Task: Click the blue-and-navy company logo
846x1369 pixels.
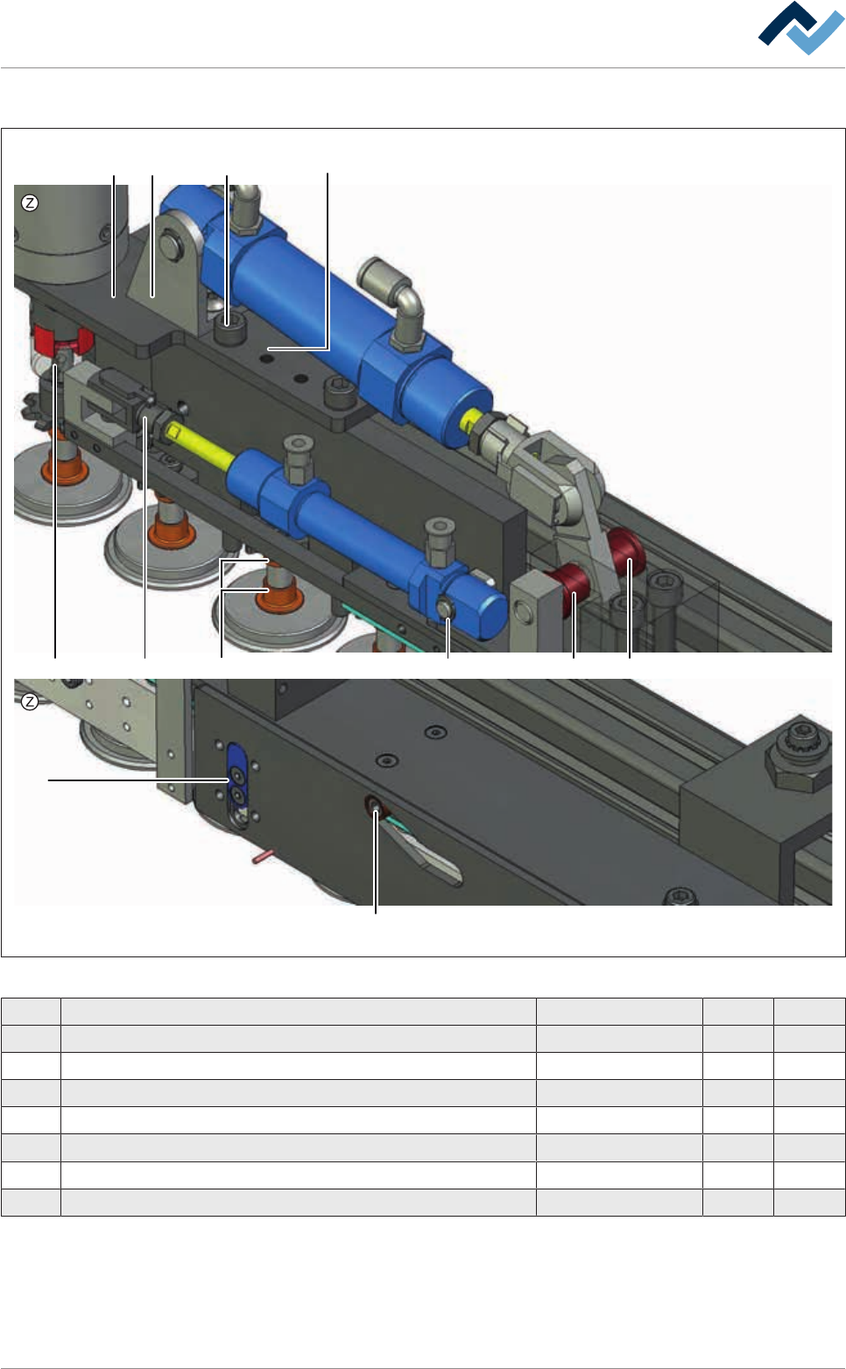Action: (800, 28)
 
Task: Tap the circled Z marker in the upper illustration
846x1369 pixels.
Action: (30, 202)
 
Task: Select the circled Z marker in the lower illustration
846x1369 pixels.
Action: (30, 702)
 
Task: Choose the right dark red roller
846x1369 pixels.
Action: (626, 549)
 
